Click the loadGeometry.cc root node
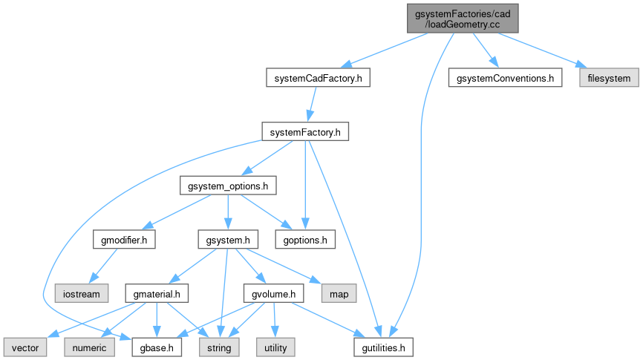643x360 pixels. (462, 18)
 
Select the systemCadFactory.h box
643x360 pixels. (318, 78)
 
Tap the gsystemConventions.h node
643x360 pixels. (505, 78)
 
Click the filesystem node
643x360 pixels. (609, 78)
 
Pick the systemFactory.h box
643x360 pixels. (305, 132)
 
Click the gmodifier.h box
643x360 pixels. (123, 240)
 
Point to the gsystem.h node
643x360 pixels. (228, 240)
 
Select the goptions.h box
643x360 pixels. (305, 240)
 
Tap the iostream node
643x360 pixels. (82, 293)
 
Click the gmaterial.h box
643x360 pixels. (157, 294)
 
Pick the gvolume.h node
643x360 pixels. (274, 294)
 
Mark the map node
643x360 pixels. (339, 293)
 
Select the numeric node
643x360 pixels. (90, 347)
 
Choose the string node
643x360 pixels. (219, 347)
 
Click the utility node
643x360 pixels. (275, 347)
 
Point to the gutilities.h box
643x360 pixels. (382, 347)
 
